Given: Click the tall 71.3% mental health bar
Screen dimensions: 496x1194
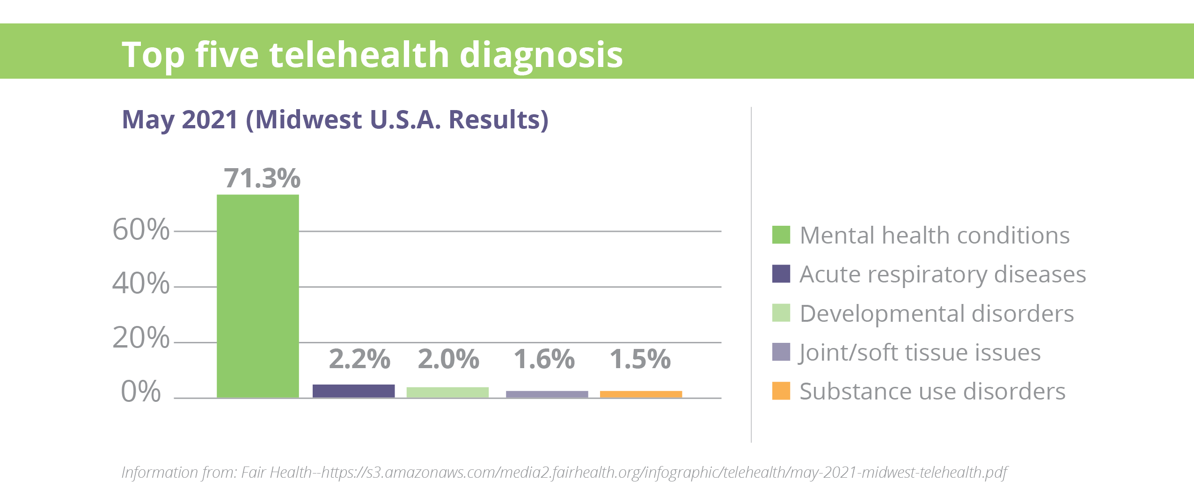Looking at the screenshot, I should [258, 296].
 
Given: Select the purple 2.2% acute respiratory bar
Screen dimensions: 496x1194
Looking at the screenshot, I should [353, 391].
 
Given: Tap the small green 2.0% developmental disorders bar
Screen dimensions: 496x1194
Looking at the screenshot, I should [447, 392].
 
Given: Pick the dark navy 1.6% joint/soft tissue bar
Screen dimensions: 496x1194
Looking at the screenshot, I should [547, 394].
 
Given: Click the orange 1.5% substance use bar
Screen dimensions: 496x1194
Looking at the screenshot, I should [641, 394].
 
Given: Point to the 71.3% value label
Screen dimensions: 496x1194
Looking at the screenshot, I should [262, 178].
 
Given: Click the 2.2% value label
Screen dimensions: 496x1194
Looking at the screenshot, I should [359, 359].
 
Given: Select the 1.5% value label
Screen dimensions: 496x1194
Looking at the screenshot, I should [640, 359].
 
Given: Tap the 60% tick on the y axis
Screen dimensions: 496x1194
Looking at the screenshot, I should [140, 229].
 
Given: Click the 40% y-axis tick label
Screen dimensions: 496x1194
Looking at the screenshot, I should [140, 283].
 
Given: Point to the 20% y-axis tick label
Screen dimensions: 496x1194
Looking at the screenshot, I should [140, 337].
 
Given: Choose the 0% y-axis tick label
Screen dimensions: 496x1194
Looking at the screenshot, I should [140, 391].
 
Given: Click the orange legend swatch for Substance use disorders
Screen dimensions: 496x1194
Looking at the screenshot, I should [781, 391].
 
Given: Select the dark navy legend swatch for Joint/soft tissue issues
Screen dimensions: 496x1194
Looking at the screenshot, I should [781, 352].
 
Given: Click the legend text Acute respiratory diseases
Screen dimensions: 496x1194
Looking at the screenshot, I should [943, 274].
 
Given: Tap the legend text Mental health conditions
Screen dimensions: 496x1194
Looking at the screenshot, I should [935, 235].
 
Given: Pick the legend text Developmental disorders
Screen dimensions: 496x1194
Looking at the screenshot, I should [937, 313].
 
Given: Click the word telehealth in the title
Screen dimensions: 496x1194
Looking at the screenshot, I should [359, 54].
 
